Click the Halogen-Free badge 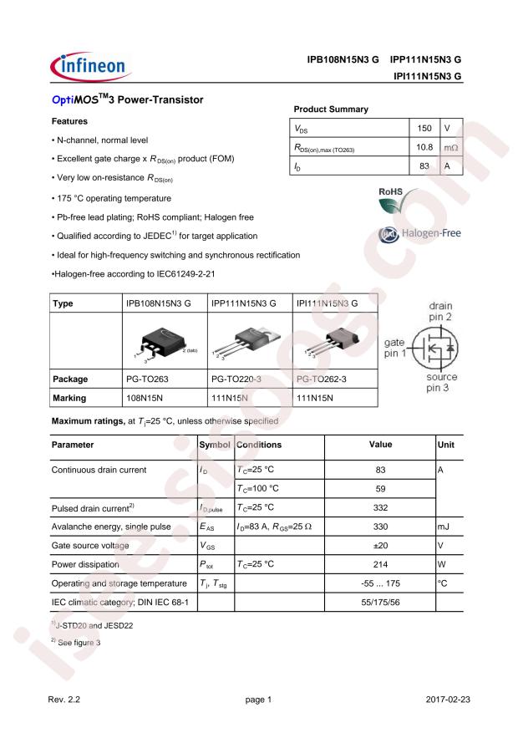(419, 234)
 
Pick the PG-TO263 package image (164, 342)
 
